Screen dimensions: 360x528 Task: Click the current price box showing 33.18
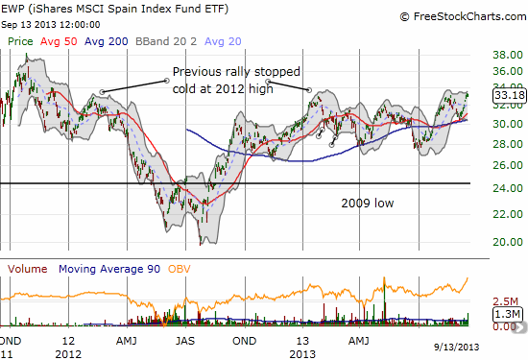[x=509, y=95]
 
